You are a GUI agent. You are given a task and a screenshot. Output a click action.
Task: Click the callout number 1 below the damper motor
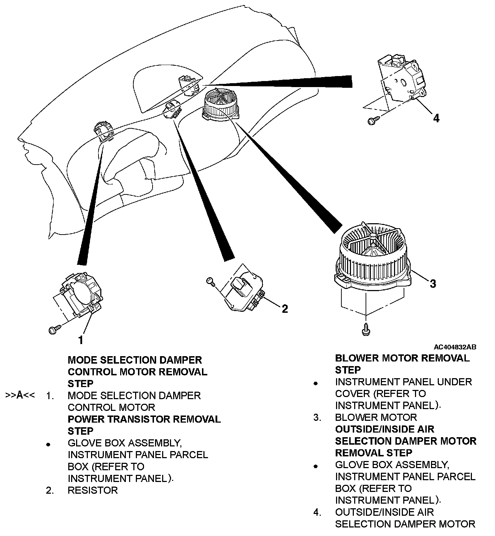[81, 340]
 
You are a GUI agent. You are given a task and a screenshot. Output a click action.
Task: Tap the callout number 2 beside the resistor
[284, 309]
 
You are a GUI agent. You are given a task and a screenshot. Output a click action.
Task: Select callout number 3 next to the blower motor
[432, 284]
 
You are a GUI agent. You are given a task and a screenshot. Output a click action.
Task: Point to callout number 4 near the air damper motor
[436, 118]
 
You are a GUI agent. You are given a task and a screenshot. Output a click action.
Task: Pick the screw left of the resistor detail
[210, 282]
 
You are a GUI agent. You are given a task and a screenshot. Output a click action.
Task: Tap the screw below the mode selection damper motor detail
[53, 330]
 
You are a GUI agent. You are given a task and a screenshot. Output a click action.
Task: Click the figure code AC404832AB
[455, 347]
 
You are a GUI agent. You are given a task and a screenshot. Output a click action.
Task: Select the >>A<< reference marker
[20, 395]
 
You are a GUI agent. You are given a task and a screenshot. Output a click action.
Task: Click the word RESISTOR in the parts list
[92, 490]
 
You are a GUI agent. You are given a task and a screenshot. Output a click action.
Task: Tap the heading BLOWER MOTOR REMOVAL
[402, 358]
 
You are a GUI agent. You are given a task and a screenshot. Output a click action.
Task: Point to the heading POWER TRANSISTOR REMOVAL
[144, 419]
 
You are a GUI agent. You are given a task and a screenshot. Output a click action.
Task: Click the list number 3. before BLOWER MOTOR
[318, 417]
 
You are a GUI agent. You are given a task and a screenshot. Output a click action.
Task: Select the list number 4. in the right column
[318, 512]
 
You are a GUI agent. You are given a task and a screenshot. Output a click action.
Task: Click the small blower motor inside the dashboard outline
[220, 104]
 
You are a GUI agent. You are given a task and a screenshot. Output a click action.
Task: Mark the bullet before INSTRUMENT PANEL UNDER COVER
[315, 384]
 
